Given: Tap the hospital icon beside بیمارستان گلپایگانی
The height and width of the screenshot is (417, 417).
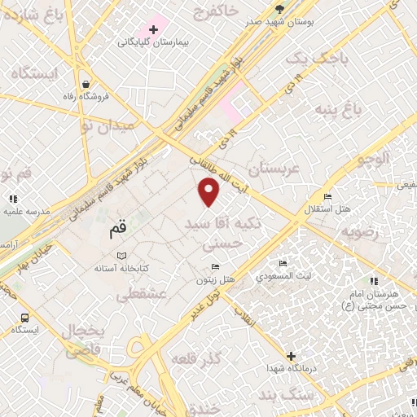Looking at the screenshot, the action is tap(153, 29).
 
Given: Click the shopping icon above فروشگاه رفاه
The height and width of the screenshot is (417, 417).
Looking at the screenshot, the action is tap(86, 83).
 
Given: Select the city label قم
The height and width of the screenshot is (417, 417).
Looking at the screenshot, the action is tap(119, 231).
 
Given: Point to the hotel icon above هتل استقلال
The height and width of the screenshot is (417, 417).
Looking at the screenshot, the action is tap(327, 197).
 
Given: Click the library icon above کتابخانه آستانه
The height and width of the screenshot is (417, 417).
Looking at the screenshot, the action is tap(122, 256).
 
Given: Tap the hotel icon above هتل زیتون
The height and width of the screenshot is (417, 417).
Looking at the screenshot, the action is tap(215, 267).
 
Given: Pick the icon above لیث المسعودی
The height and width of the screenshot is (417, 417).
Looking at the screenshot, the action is tap(282, 264).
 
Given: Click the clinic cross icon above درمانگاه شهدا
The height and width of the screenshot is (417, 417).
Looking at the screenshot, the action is tap(291, 356).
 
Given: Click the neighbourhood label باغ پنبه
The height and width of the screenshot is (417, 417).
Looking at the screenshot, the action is tap(362, 107).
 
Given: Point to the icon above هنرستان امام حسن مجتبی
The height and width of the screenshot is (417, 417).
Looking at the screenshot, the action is tap(374, 281).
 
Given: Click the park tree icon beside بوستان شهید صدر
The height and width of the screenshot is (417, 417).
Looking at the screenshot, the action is tap(280, 9).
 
